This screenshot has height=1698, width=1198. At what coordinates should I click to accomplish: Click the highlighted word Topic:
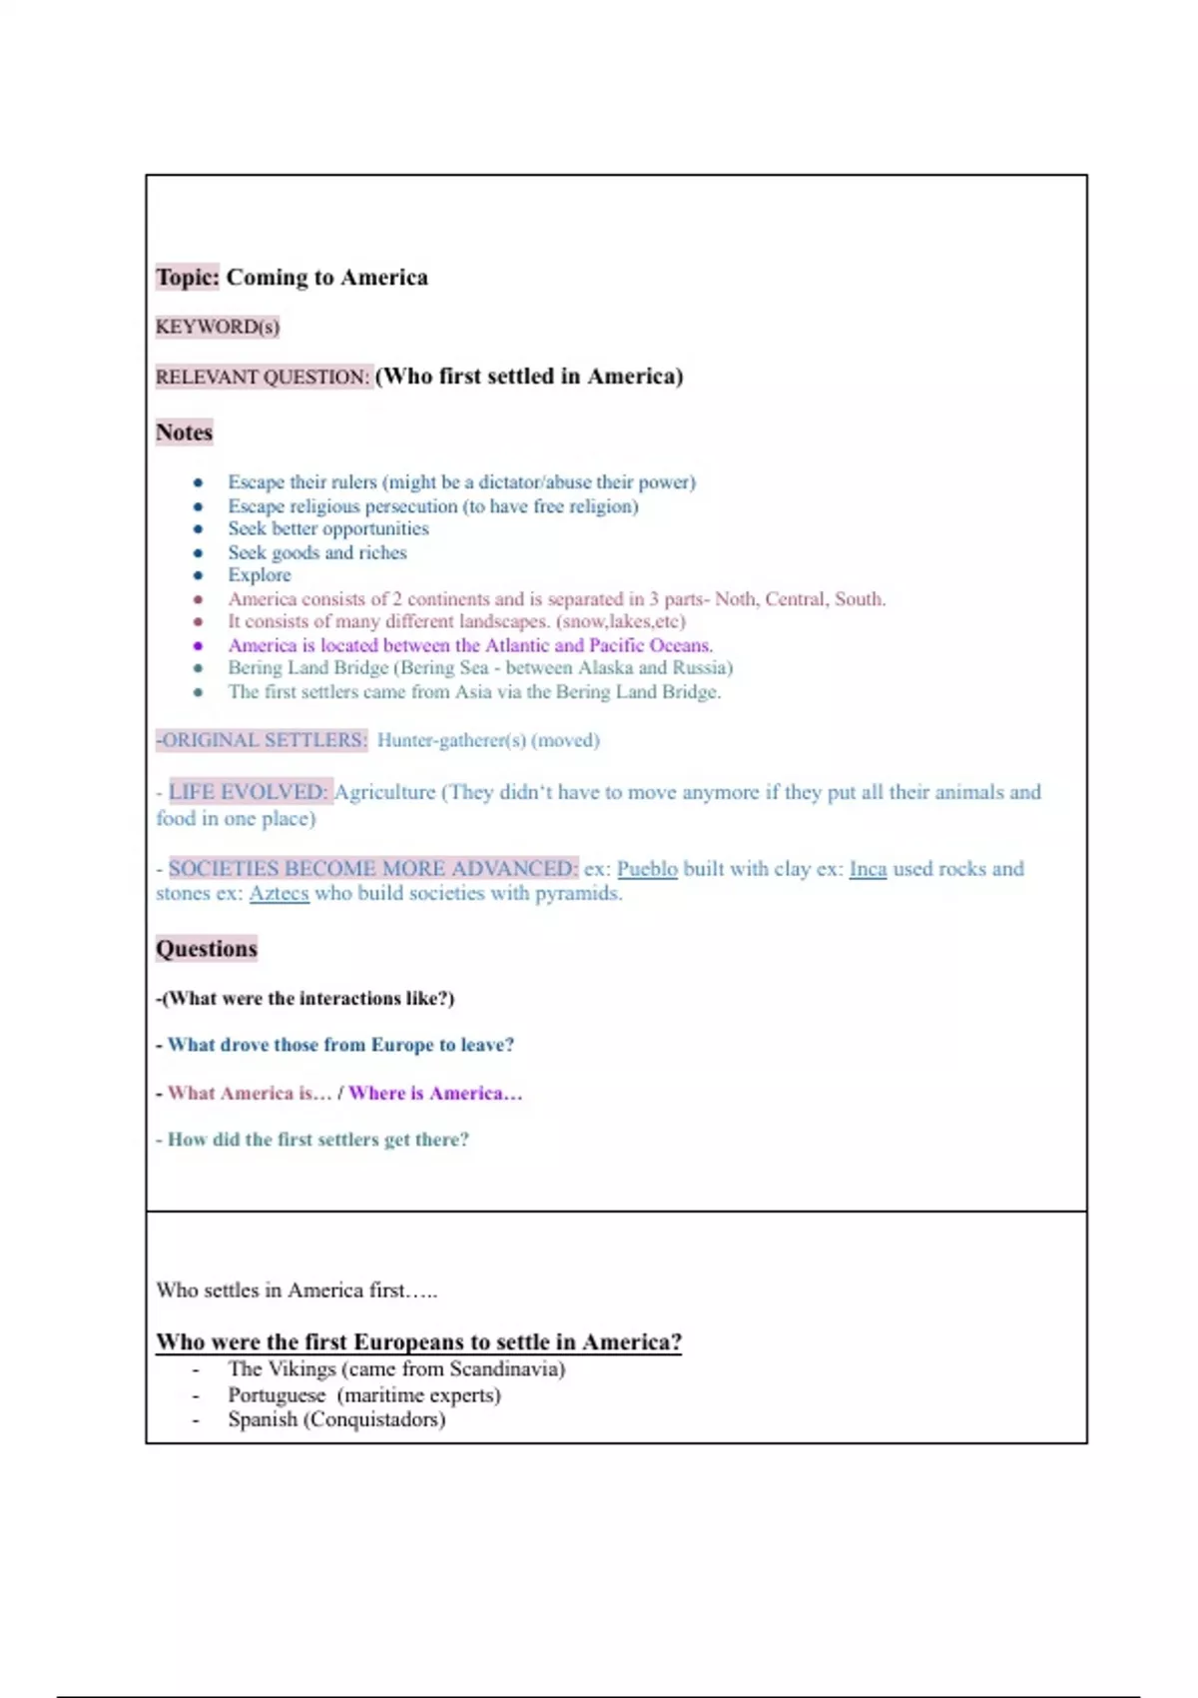[x=187, y=277]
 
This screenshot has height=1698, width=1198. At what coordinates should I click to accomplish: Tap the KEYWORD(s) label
[x=218, y=327]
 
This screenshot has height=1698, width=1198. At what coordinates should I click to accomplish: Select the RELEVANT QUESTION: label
[x=263, y=377]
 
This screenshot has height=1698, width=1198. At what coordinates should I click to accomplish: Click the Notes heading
[x=184, y=432]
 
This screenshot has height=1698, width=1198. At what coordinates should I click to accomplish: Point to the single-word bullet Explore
[x=260, y=575]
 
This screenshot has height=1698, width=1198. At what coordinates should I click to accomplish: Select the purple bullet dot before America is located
[x=198, y=645]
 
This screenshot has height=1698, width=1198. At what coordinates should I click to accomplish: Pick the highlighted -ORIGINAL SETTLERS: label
[x=262, y=740]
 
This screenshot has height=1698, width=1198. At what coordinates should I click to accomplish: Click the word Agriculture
[x=384, y=792]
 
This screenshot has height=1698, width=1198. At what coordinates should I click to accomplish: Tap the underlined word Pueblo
[x=647, y=869]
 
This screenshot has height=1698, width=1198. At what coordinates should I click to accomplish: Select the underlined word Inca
[x=868, y=869]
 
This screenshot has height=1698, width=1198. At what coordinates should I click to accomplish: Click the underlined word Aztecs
[x=279, y=894]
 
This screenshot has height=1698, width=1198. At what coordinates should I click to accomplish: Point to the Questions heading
[x=206, y=949]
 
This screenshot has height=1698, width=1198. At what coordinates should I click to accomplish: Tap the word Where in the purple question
[x=376, y=1093]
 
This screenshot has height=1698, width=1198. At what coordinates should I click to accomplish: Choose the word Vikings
[x=303, y=1369]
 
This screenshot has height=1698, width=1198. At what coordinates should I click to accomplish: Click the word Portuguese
[x=277, y=1395]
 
